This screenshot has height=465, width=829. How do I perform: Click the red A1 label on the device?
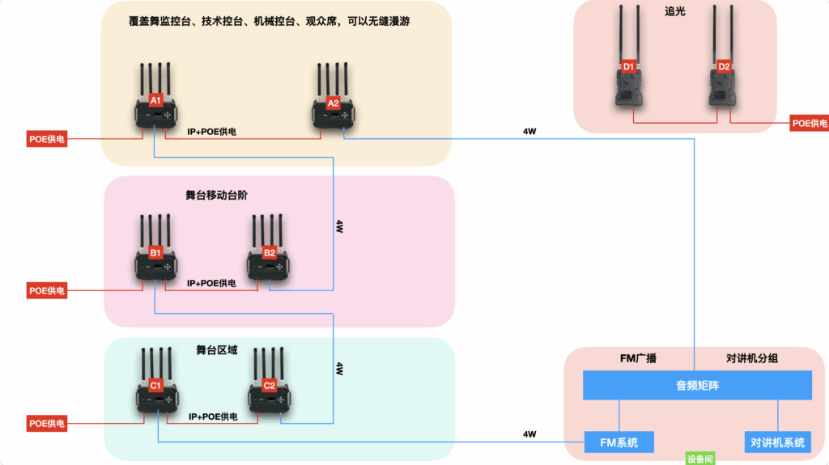click(156, 100)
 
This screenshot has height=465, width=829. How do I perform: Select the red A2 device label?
click(333, 104)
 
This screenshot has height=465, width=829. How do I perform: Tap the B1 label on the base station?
click(156, 253)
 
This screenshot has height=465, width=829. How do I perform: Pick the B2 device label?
click(270, 253)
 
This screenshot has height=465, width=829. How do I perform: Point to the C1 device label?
click(156, 385)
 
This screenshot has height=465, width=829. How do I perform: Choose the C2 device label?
click(270, 385)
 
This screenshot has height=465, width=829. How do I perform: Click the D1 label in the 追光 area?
click(628, 66)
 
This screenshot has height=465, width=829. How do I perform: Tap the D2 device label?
click(724, 66)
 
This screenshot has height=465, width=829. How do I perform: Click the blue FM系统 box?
click(619, 442)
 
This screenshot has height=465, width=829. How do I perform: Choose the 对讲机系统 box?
click(777, 442)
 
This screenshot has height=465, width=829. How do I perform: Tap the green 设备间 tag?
click(700, 459)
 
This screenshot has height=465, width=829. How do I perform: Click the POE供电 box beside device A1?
click(46, 139)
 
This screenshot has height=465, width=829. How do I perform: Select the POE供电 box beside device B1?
click(46, 290)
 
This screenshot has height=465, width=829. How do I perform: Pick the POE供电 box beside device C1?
click(46, 423)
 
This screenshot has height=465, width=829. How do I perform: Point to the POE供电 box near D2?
click(810, 123)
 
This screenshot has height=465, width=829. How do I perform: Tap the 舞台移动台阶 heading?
click(218, 195)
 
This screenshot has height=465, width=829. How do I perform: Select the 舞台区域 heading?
click(217, 350)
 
